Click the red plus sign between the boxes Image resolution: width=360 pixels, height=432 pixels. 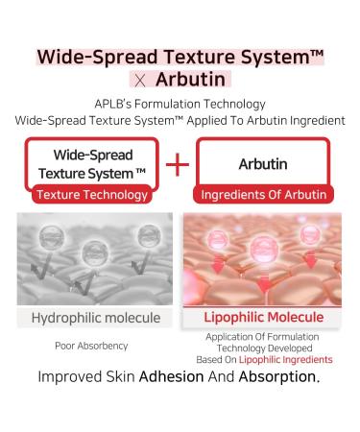179,165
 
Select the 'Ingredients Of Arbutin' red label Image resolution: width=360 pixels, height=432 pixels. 265,195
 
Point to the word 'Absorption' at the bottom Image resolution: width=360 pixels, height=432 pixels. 280,376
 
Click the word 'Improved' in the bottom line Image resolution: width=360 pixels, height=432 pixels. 74,376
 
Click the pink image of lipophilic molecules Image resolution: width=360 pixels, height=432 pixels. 265,259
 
